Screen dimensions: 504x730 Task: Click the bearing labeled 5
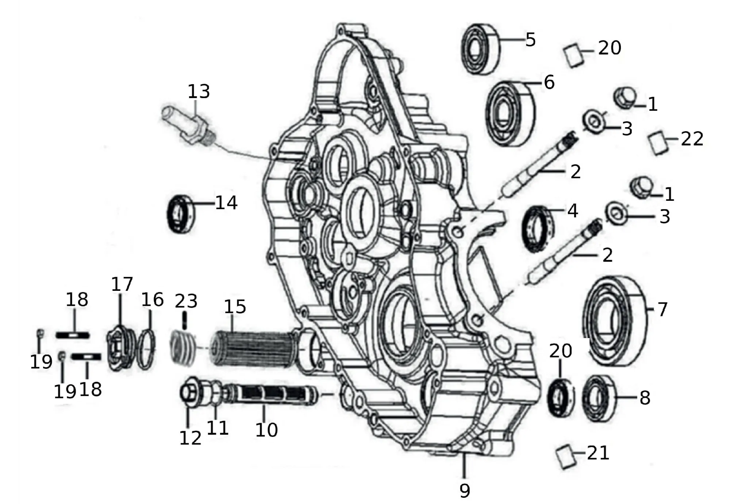pyautogui.click(x=480, y=49)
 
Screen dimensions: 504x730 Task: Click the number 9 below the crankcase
pyautogui.click(x=465, y=490)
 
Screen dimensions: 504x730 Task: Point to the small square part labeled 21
pyautogui.click(x=566, y=456)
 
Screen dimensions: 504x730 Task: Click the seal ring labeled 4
pyautogui.click(x=537, y=229)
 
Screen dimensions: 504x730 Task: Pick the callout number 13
pyautogui.click(x=199, y=91)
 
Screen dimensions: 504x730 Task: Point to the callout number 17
pyautogui.click(x=122, y=284)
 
